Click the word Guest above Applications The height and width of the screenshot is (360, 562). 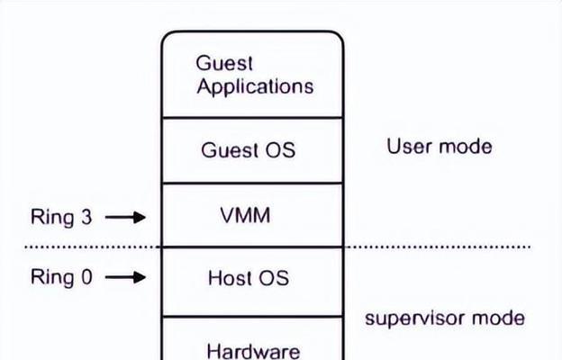(x=224, y=63)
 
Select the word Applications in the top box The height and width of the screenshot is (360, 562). (x=255, y=87)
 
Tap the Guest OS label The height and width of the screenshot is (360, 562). (x=248, y=149)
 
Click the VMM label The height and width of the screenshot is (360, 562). (x=245, y=215)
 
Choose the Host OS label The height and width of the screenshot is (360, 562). (x=249, y=278)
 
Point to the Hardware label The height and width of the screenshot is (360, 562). (x=253, y=351)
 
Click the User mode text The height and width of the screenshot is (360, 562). (x=440, y=147)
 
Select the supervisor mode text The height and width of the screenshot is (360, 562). (x=445, y=318)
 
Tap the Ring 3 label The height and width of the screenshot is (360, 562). (x=61, y=217)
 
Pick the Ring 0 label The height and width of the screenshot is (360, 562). (x=61, y=277)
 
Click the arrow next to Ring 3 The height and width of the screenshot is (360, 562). (x=125, y=217)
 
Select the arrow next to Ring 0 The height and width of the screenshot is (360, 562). (x=125, y=277)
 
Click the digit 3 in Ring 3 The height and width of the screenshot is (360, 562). (x=86, y=217)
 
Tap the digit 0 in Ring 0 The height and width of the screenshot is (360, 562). (x=86, y=277)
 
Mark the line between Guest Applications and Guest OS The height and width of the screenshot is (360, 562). (x=253, y=117)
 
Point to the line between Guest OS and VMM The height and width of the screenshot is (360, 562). (x=253, y=183)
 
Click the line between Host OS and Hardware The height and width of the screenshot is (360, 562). (x=253, y=317)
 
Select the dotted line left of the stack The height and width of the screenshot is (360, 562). (x=93, y=247)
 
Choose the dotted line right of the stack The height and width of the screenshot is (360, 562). (x=438, y=247)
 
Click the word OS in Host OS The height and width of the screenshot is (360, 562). (x=274, y=278)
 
